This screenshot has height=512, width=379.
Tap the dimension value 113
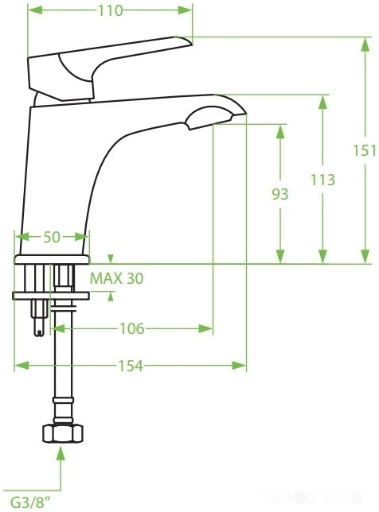[322, 180]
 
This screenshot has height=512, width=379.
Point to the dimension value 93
[279, 194]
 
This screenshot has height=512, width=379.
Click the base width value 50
[51, 237]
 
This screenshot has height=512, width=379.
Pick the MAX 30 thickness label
[116, 278]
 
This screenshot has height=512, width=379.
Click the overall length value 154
[131, 365]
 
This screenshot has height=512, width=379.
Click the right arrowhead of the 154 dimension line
[240, 365]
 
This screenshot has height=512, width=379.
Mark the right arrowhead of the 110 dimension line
[187, 11]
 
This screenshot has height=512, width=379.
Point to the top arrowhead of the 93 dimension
[279, 130]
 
